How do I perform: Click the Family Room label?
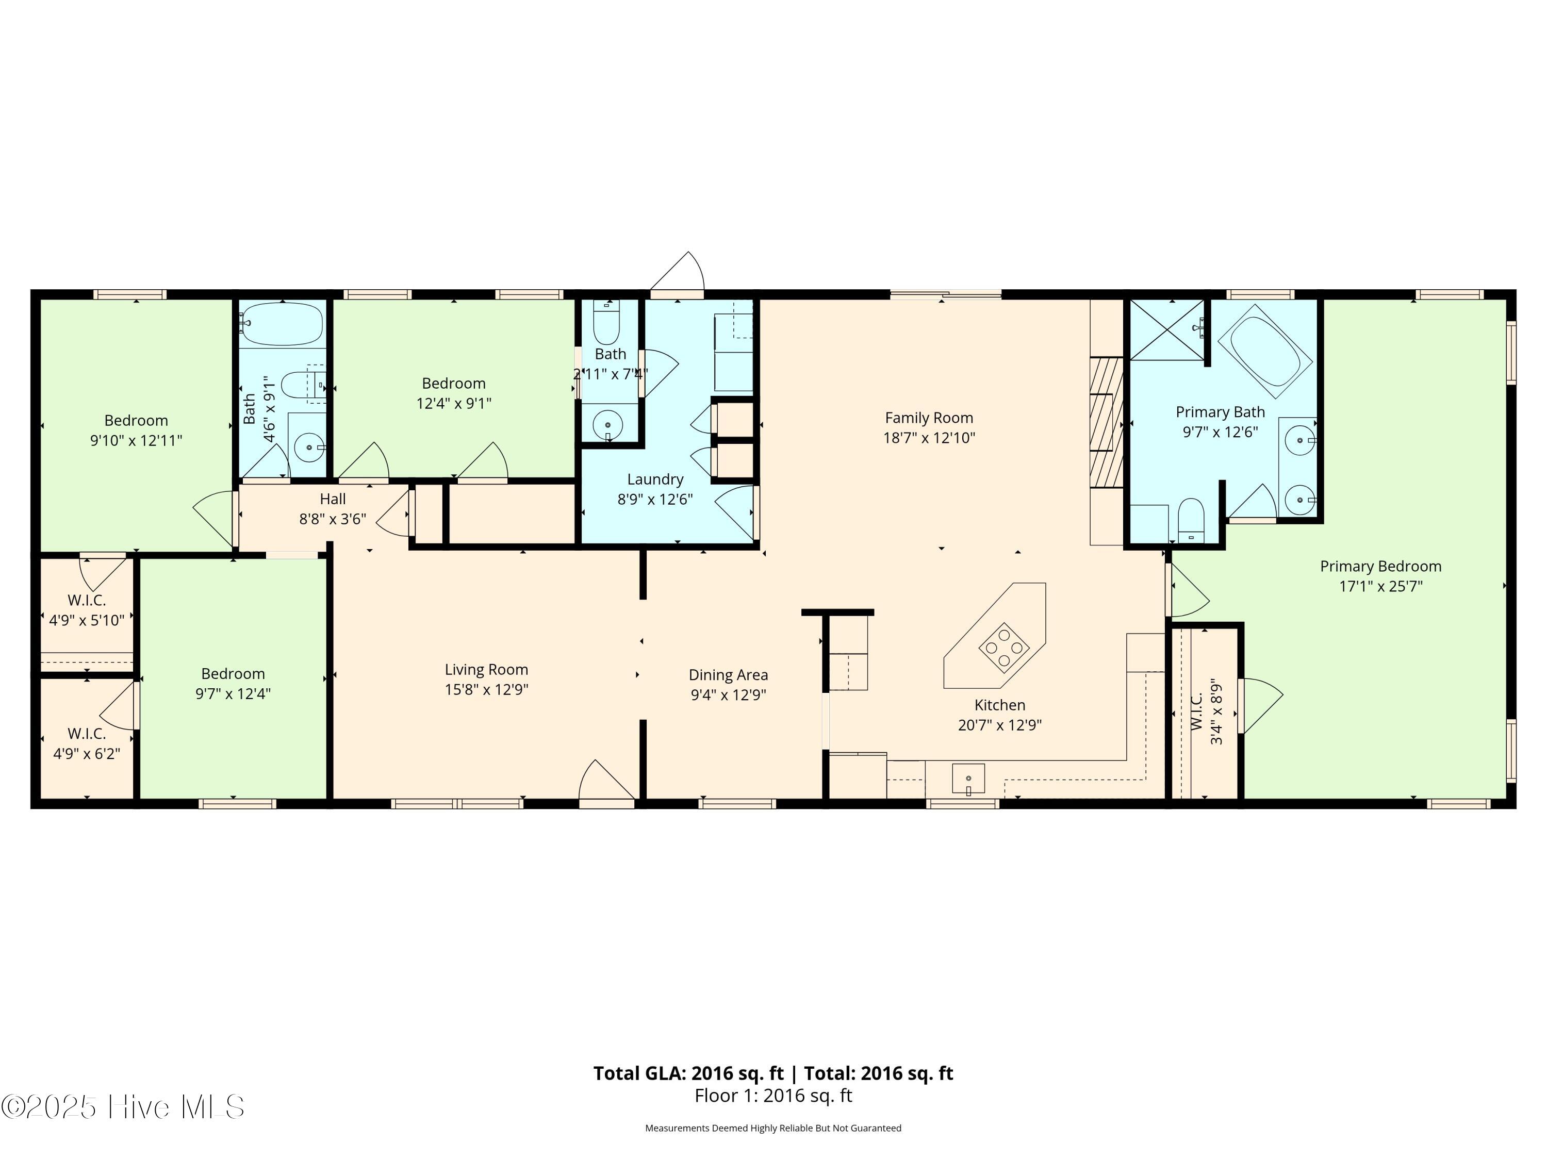point(929,418)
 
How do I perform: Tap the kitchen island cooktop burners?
point(1003,648)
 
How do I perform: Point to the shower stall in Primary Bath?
point(1166,330)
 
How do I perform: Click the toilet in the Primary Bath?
point(1190,520)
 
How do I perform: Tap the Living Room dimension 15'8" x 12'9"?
point(486,689)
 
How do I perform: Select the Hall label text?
point(333,499)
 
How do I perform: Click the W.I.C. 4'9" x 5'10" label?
point(87,610)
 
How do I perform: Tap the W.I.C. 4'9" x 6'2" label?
point(87,743)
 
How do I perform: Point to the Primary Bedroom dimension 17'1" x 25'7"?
point(1380,587)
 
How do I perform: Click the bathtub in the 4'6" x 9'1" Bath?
point(283,324)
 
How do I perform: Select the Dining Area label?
point(728,675)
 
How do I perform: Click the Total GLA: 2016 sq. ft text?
point(688,1073)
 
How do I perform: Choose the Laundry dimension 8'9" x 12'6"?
point(654,499)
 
